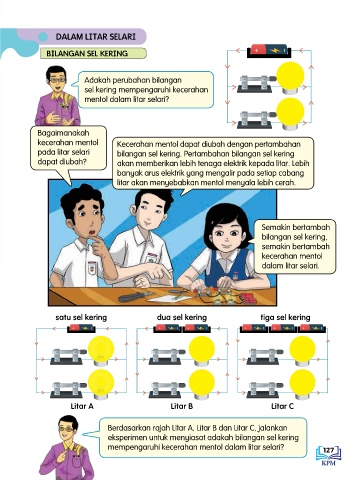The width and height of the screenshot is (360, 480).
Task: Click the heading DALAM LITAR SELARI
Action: (x=96, y=36)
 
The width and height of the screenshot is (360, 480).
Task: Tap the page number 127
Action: (x=328, y=450)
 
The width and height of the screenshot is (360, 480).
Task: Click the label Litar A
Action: (x=82, y=406)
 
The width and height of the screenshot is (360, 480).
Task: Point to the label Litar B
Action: (x=182, y=406)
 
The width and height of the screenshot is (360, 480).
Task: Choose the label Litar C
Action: (x=282, y=406)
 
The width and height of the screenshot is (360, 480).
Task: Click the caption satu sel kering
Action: (x=81, y=317)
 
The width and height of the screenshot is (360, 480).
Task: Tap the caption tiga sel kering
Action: (x=285, y=317)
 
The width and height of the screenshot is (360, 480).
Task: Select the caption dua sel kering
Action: (x=182, y=317)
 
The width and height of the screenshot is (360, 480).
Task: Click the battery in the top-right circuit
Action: (x=269, y=51)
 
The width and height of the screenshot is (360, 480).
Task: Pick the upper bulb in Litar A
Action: (x=101, y=350)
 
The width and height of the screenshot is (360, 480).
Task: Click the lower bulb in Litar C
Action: (x=302, y=384)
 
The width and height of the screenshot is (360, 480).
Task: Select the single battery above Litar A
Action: (x=81, y=329)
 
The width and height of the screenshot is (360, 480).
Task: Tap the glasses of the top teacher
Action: (x=57, y=80)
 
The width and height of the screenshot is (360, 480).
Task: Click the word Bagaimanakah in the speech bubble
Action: (x=63, y=133)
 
